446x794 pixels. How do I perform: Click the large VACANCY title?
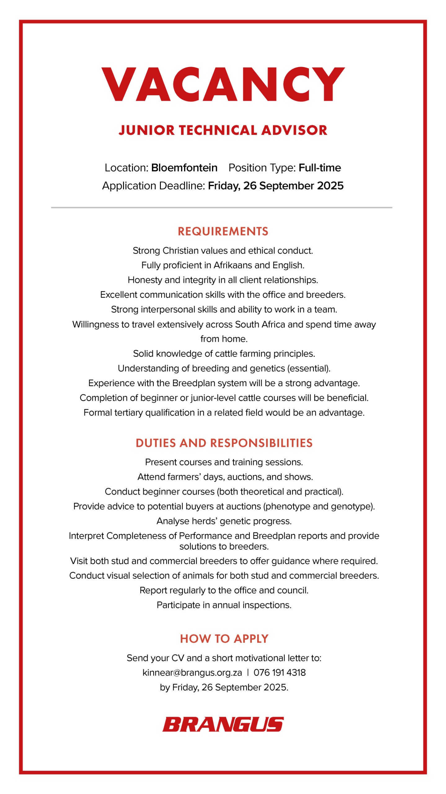click(223, 84)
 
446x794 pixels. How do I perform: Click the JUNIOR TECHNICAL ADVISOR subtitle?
click(223, 130)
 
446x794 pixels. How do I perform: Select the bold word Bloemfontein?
click(184, 168)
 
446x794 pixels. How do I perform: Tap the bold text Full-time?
click(320, 168)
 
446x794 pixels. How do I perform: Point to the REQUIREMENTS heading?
click(223, 231)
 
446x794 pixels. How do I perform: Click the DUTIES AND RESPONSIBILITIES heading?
click(224, 443)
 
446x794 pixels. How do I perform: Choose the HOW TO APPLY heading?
click(224, 639)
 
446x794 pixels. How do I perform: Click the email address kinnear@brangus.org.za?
click(192, 672)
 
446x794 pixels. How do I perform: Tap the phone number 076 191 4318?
click(280, 672)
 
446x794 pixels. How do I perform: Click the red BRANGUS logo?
click(223, 725)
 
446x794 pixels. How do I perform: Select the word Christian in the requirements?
click(181, 251)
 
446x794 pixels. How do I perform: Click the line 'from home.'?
click(224, 339)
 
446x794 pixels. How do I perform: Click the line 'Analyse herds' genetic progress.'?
click(224, 521)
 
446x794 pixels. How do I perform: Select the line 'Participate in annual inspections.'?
click(224, 605)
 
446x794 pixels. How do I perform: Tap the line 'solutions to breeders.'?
click(224, 546)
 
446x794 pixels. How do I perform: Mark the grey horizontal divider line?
click(222, 207)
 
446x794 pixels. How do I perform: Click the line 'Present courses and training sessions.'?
click(224, 462)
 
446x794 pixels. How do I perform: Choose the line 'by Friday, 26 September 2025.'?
click(224, 687)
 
